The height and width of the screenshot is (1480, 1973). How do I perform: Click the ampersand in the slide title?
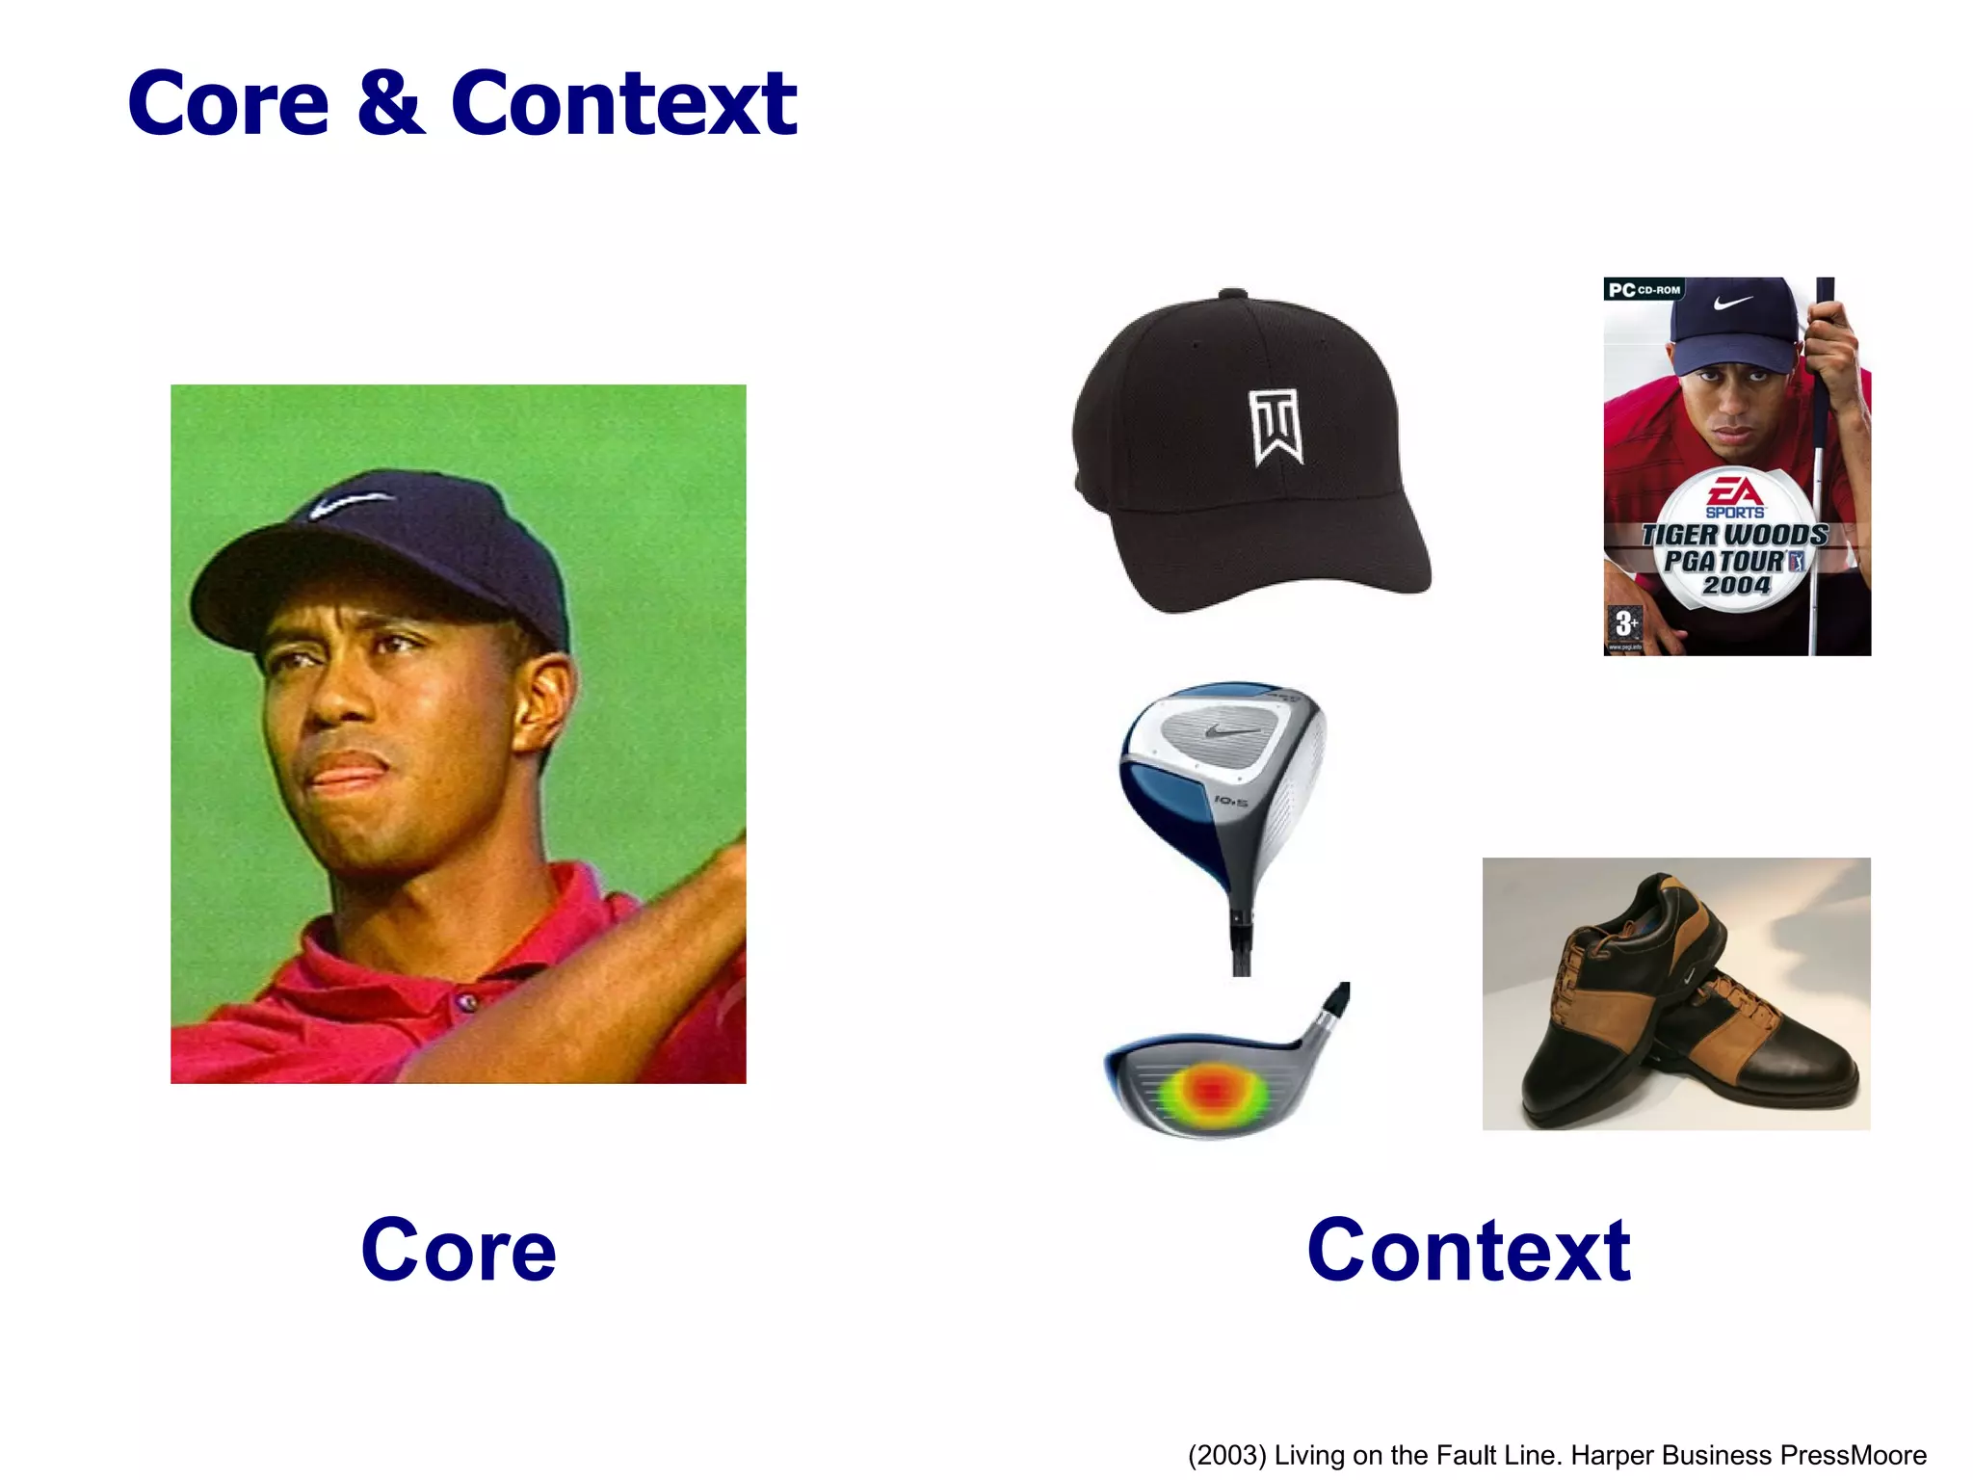pos(390,104)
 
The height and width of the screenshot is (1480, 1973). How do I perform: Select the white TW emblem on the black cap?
pos(1277,427)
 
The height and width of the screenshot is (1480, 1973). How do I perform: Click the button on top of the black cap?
pos(1232,293)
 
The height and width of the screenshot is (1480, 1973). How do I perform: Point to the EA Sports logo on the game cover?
pos(1734,497)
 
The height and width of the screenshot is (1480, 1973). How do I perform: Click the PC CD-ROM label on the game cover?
pos(1644,289)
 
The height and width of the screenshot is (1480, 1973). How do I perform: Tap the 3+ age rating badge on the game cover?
pos(1625,623)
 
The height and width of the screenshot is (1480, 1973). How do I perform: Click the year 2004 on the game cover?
pos(1736,585)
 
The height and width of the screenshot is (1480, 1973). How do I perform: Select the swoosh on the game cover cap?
pos(1733,303)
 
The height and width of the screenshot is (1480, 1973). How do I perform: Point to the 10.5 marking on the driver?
pos(1231,801)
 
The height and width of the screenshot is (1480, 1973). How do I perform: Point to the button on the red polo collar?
pos(469,1003)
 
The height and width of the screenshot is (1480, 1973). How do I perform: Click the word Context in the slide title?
pos(623,104)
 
